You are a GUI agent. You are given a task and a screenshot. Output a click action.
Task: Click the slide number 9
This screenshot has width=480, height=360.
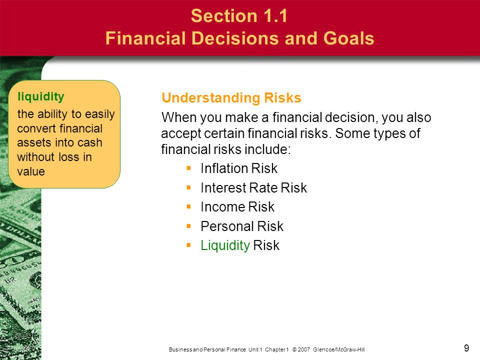coord(466,348)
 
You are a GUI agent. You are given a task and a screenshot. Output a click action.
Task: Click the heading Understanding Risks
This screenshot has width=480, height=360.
coord(231,97)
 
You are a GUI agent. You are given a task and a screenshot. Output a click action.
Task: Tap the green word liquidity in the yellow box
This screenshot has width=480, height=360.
coord(41,96)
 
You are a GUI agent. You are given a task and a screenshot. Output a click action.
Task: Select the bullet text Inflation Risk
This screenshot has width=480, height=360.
coord(239,168)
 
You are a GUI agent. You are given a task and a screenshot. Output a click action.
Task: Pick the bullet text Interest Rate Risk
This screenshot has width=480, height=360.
coord(253,187)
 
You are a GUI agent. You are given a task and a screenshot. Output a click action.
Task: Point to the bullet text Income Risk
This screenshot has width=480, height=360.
coord(237,207)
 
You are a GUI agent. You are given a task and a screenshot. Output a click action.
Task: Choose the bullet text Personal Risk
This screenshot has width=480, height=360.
coord(242,226)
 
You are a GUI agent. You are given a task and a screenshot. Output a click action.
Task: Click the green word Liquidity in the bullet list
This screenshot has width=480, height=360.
coord(225,245)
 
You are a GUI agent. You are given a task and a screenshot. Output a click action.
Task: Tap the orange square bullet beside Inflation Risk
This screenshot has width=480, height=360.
coord(188,168)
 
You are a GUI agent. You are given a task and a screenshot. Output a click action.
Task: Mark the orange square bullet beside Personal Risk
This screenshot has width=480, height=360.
coord(188,226)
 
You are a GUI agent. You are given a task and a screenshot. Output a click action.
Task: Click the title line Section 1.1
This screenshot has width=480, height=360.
coord(239,15)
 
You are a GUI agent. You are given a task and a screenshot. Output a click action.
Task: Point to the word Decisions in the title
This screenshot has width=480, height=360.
coord(235,38)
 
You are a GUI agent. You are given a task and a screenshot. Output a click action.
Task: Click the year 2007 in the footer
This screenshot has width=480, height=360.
coord(303,349)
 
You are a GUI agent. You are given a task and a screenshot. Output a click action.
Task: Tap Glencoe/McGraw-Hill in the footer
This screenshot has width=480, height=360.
coord(339,349)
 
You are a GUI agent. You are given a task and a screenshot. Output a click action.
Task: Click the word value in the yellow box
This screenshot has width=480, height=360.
coord(31,171)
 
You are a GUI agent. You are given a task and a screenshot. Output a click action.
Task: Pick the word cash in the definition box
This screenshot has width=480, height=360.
coord(89,142)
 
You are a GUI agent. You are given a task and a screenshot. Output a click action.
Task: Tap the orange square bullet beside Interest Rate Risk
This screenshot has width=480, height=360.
coord(188,187)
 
